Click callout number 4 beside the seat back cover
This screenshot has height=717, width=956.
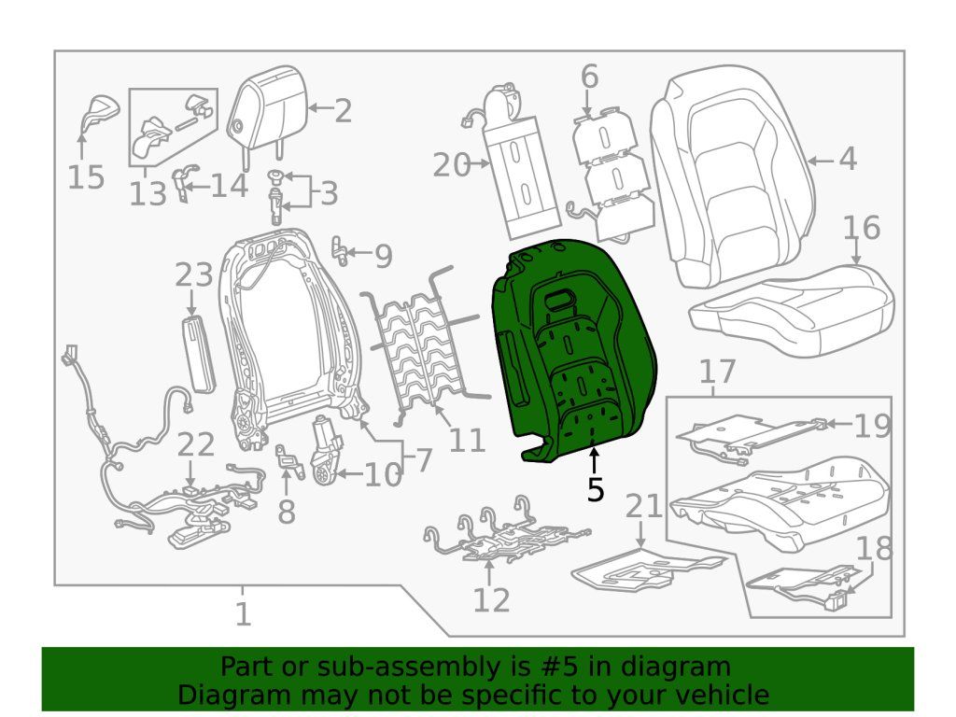click(x=847, y=160)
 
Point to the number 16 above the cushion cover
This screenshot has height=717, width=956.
click(x=861, y=228)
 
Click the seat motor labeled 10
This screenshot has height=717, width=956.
click(x=326, y=448)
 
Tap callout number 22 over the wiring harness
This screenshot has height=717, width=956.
click(x=196, y=445)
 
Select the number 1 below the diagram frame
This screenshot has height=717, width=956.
click(x=243, y=614)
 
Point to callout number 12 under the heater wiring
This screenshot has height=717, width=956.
click(x=491, y=599)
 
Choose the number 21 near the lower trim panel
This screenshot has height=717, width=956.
click(x=643, y=507)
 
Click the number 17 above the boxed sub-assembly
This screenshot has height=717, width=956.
click(x=718, y=373)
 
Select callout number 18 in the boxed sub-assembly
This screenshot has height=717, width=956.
click(x=874, y=550)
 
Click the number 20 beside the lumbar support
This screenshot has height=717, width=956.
click(x=453, y=166)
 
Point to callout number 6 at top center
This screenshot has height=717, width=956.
click(x=589, y=77)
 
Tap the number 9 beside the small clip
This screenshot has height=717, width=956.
click(x=383, y=257)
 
